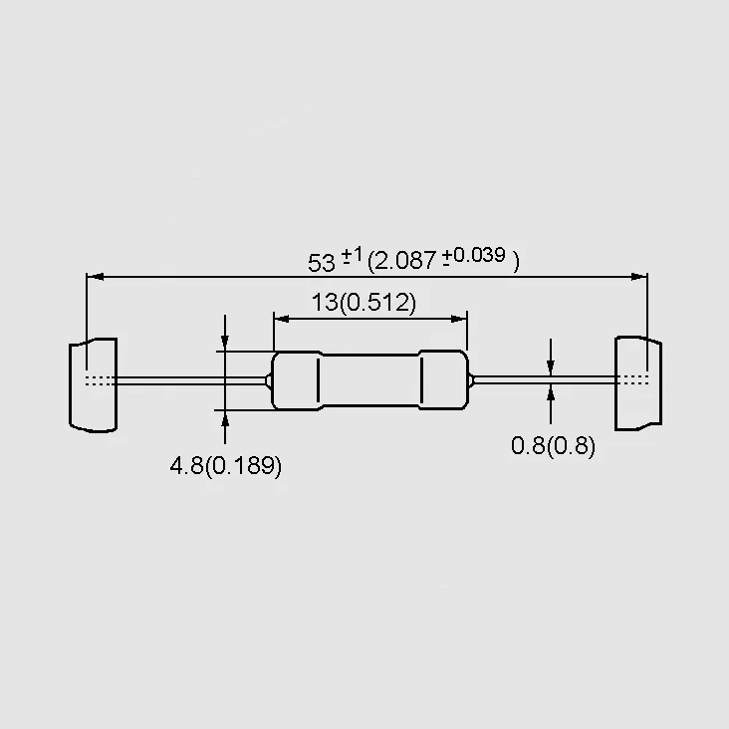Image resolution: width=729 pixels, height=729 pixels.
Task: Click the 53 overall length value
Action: pyautogui.click(x=322, y=263)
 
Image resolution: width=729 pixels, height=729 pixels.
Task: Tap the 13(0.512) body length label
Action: pyautogui.click(x=364, y=303)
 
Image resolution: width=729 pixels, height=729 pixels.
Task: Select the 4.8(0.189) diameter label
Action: pyautogui.click(x=226, y=466)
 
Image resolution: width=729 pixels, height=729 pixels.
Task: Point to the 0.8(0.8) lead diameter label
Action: pyautogui.click(x=553, y=446)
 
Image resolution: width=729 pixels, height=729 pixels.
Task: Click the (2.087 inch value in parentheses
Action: pyautogui.click(x=402, y=260)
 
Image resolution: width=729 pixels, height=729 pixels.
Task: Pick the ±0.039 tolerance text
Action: pyautogui.click(x=473, y=256)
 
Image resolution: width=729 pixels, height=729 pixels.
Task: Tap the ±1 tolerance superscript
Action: pyautogui.click(x=352, y=255)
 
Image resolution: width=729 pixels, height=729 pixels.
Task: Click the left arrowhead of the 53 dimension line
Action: pyautogui.click(x=95, y=277)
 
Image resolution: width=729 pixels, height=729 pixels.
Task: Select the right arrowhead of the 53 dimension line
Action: pyautogui.click(x=638, y=277)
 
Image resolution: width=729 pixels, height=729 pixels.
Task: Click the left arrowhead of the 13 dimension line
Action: pyautogui.click(x=282, y=319)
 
